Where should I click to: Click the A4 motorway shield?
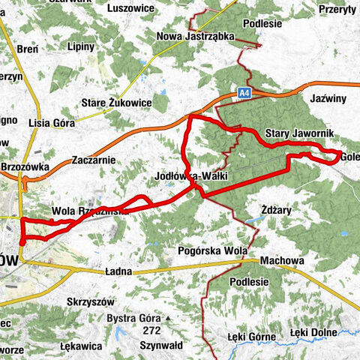tap(244, 92)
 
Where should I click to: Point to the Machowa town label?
tap(282, 261)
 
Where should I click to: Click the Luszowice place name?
tap(130, 8)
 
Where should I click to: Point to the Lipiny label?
tap(80, 46)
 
